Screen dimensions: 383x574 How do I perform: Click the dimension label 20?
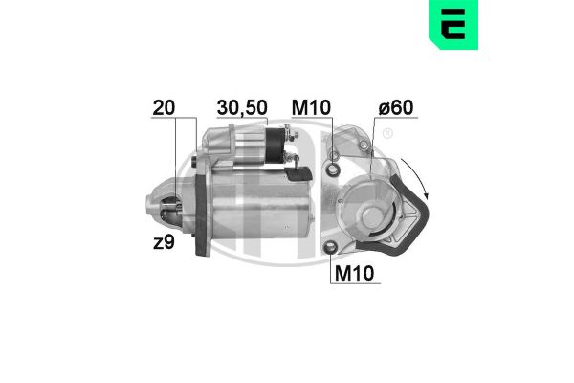pos(163,108)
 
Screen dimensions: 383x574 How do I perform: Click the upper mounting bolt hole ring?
pos(333,169)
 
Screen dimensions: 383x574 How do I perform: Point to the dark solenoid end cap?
pos(275,146)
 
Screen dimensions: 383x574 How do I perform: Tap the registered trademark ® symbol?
pos(386,135)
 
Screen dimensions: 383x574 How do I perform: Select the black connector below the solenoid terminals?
pos(302,173)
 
